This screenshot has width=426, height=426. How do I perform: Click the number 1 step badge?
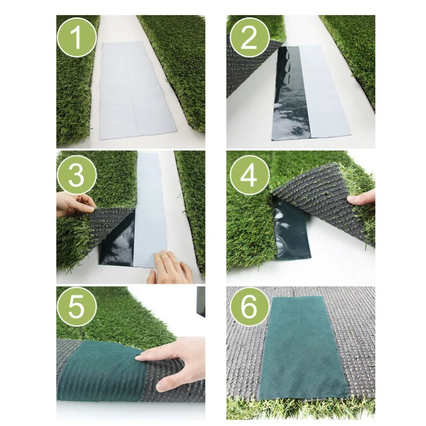pyautogui.click(x=77, y=37)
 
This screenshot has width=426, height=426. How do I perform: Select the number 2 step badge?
pyautogui.click(x=249, y=37)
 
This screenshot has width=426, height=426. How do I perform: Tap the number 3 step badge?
pyautogui.click(x=77, y=176)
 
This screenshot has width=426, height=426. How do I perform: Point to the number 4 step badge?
pyautogui.click(x=249, y=176)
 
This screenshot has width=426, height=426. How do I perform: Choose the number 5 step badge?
pyautogui.click(x=77, y=309)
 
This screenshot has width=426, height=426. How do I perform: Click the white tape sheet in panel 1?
pyautogui.click(x=136, y=91)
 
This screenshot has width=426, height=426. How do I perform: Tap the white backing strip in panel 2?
pyautogui.click(x=325, y=91)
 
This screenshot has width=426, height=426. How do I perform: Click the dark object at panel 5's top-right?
pyautogui.click(x=201, y=302)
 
